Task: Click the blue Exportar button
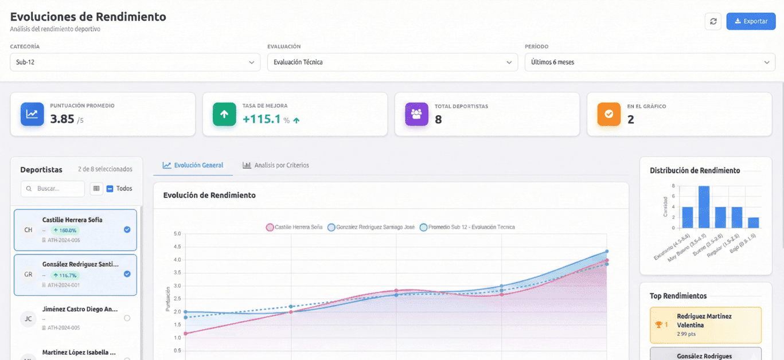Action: coord(751,21)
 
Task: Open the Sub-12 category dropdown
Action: coord(135,62)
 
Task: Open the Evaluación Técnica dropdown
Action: coord(392,62)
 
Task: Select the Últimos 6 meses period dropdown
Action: coord(650,62)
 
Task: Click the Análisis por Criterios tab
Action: coord(276,165)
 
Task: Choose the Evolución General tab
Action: coord(193,165)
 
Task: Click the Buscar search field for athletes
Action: coord(53,189)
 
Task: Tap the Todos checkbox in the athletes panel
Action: coord(110,189)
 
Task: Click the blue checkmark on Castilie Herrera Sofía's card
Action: coord(127,229)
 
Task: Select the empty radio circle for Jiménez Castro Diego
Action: coord(127,318)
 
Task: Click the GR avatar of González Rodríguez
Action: coord(28,275)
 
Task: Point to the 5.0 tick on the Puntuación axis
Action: coord(177,234)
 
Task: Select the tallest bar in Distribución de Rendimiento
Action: coord(704,207)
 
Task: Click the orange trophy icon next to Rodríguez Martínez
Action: coord(658,324)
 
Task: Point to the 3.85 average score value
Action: coord(62,119)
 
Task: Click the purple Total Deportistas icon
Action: coord(416,114)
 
